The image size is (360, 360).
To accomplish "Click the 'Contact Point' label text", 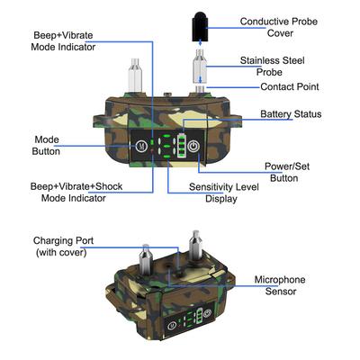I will tap(289, 86).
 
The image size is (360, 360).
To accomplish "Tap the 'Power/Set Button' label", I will tap(290, 172).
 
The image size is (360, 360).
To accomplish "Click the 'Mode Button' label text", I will tap(46, 145).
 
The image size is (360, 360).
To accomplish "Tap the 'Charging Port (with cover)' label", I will tap(66, 247).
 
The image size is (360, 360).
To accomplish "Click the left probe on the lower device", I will tap(143, 256).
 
